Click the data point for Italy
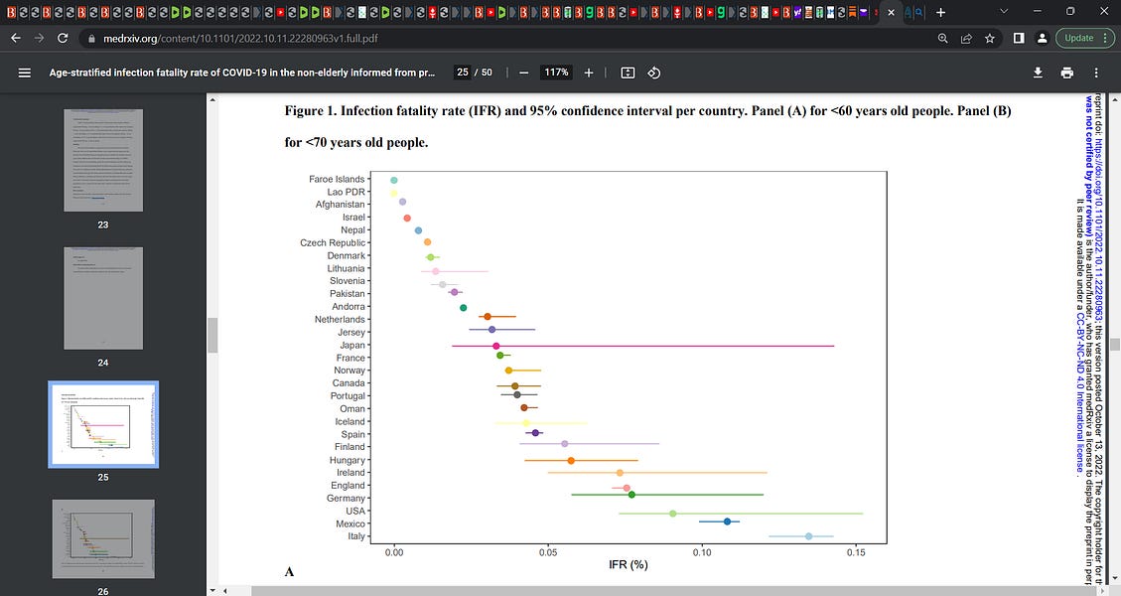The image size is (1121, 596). click(x=808, y=536)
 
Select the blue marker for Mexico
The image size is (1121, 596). click(x=728, y=521)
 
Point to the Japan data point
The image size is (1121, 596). click(x=496, y=346)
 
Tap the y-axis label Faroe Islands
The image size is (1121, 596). click(x=337, y=180)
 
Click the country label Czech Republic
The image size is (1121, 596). click(x=333, y=243)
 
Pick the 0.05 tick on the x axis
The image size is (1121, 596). click(x=547, y=549)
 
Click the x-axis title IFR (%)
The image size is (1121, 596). click(x=629, y=564)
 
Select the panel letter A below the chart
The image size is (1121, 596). click(x=289, y=572)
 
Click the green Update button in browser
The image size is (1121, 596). click(x=1078, y=38)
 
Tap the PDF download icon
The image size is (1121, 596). click(x=1038, y=73)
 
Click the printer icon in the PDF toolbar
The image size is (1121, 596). click(x=1066, y=73)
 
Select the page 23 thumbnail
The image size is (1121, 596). click(x=103, y=159)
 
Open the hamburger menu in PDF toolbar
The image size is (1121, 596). click(x=25, y=73)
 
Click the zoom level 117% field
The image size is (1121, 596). click(x=555, y=73)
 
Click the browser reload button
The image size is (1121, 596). click(x=63, y=38)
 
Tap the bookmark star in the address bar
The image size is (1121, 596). click(x=990, y=38)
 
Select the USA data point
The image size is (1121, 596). click(x=672, y=514)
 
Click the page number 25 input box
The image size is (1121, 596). click(x=463, y=73)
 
